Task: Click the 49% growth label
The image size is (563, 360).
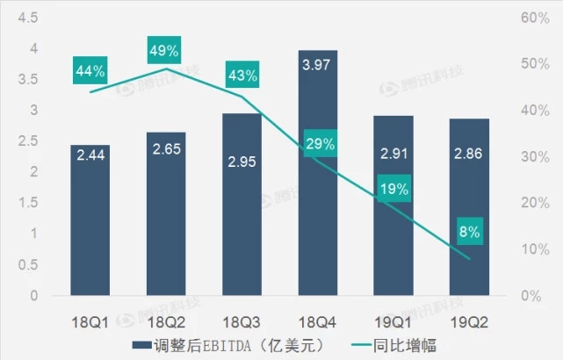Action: point(164,50)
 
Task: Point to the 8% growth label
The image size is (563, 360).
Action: point(469,233)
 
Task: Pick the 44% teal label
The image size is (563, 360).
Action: point(90,70)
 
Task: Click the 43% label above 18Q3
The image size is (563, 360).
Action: point(241,76)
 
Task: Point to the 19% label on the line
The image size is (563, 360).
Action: point(393,188)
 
